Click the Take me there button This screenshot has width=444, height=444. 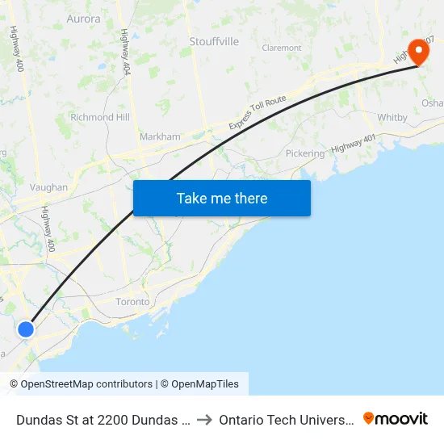222,199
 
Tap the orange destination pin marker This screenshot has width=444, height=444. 419,52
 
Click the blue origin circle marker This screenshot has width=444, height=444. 26,329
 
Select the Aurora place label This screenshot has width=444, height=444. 84,19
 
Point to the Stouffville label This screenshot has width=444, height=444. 214,41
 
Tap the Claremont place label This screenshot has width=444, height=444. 282,48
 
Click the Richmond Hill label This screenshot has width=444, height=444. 99,117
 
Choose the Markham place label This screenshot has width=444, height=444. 160,136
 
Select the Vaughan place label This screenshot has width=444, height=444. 48,187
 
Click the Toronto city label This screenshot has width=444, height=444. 132,302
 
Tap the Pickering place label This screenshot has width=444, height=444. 304,153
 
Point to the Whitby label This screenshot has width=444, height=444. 392,118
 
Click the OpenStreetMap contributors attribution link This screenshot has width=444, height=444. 81,384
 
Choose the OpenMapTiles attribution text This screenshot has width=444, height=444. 203,384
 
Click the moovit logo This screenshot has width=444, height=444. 395,418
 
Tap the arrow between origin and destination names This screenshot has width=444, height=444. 204,419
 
